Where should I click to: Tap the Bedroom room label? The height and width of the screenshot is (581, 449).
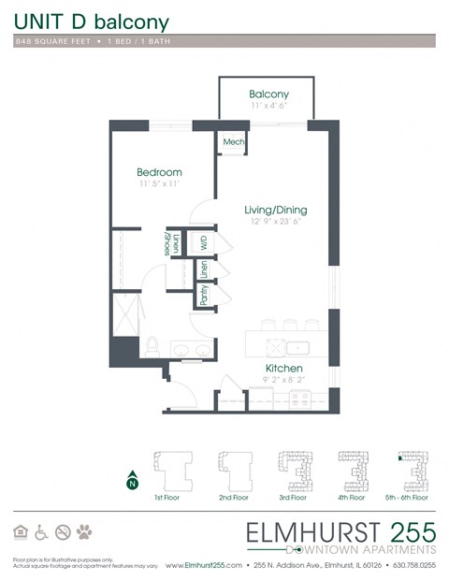158,172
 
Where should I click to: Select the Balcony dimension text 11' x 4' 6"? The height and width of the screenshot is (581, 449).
268,107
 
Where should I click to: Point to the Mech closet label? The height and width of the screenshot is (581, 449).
233,141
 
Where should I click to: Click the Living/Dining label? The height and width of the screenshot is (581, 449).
275,210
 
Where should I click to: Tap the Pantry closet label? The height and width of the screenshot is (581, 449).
204,295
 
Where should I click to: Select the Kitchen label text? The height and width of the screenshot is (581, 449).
283,368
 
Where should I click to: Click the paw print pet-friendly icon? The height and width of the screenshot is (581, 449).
86,531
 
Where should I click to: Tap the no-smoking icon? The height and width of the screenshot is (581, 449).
64,531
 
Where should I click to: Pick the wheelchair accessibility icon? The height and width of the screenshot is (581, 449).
42,531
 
